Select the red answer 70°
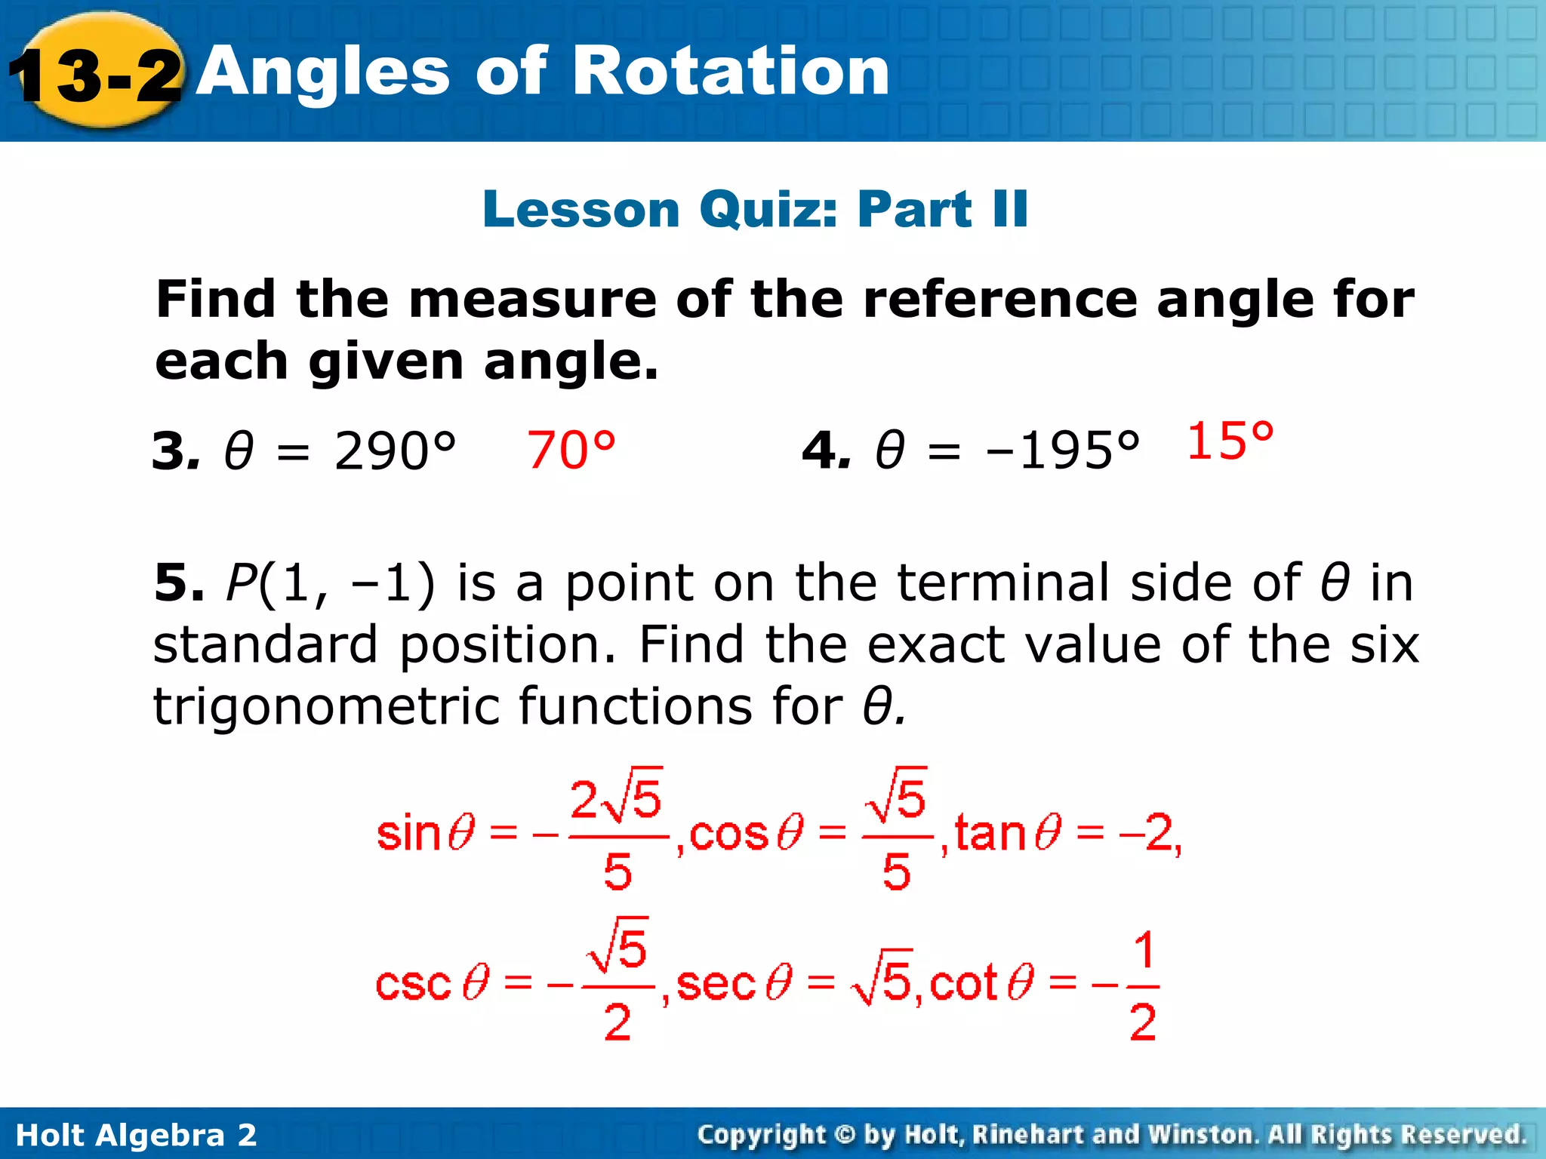571,450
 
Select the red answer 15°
1230,441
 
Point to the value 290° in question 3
395,451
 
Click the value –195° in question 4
1062,451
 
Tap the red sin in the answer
408,835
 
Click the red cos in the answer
728,835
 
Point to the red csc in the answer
413,984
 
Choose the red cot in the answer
964,984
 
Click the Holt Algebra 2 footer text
136,1135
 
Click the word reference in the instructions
999,300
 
